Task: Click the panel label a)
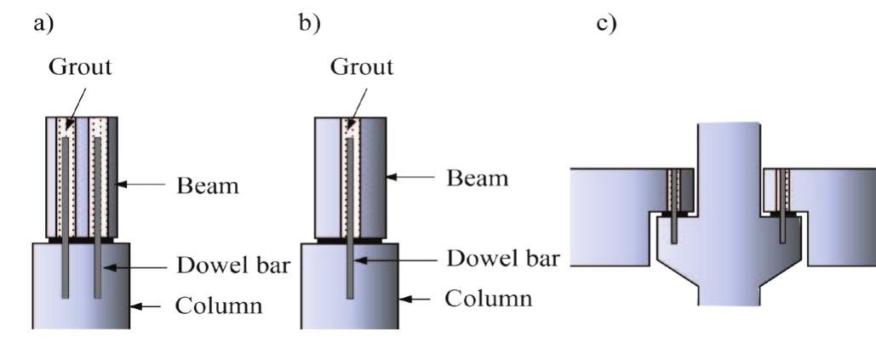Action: (44, 25)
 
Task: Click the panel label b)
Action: (310, 25)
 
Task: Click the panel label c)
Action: (607, 25)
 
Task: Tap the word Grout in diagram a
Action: (80, 67)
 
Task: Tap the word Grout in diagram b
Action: (362, 67)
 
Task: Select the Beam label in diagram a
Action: (207, 185)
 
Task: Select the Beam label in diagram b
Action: (477, 178)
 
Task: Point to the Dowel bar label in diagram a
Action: (233, 266)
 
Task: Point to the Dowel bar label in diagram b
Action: (503, 259)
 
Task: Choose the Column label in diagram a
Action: (219, 306)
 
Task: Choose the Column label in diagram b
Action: (489, 299)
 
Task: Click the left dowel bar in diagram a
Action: (65, 218)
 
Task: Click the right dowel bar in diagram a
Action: (98, 218)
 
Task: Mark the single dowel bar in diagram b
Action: (350, 218)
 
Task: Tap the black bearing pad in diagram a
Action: (81, 240)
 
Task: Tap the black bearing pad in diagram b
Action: (350, 241)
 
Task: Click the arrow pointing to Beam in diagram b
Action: (410, 177)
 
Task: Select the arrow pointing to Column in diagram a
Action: (146, 306)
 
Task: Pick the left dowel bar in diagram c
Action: (674, 206)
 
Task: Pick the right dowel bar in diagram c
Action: (784, 207)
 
